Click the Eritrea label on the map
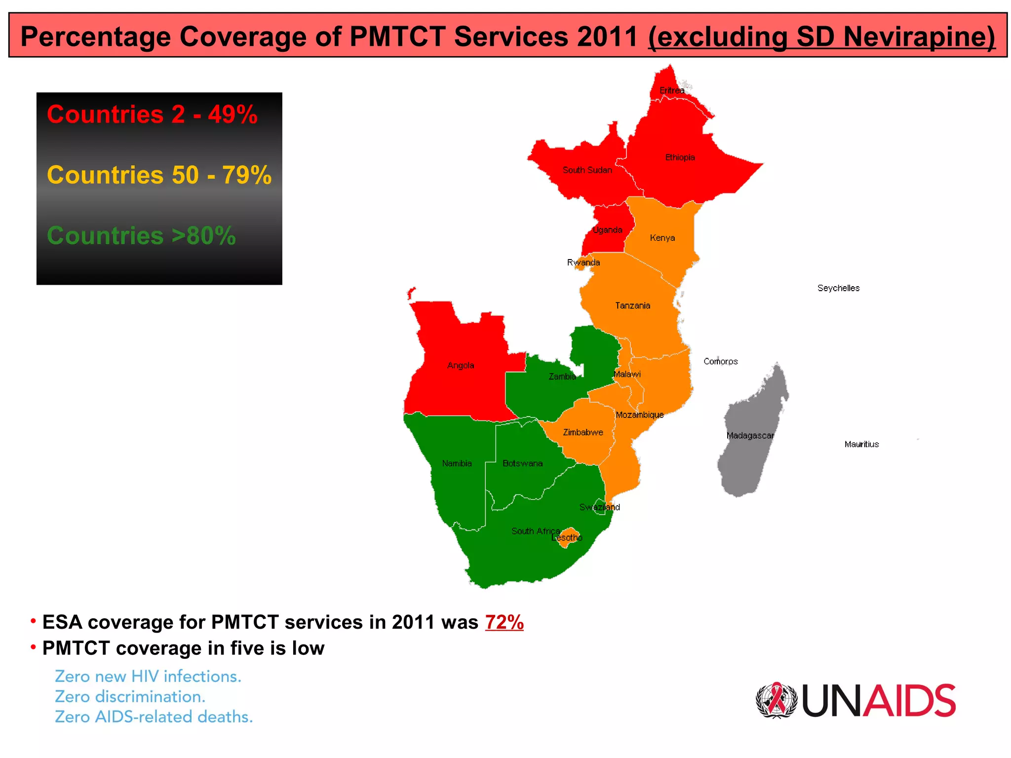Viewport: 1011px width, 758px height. [672, 90]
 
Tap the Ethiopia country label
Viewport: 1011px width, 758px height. [680, 157]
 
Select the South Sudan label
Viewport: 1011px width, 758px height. [587, 170]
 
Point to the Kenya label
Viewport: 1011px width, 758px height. [662, 238]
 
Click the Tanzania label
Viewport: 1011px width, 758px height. [632, 306]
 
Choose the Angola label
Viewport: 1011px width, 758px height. [461, 366]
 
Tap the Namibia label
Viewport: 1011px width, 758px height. [457, 463]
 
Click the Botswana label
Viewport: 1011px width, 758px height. [522, 463]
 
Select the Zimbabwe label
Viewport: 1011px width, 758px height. [583, 432]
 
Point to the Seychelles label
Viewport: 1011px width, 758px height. [838, 288]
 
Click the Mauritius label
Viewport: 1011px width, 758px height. [861, 444]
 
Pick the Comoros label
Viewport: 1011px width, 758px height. [720, 362]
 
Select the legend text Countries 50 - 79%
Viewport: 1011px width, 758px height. [159, 175]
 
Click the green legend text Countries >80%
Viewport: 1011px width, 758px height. [141, 236]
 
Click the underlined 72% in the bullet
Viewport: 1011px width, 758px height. [504, 622]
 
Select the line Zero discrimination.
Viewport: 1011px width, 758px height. [130, 697]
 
